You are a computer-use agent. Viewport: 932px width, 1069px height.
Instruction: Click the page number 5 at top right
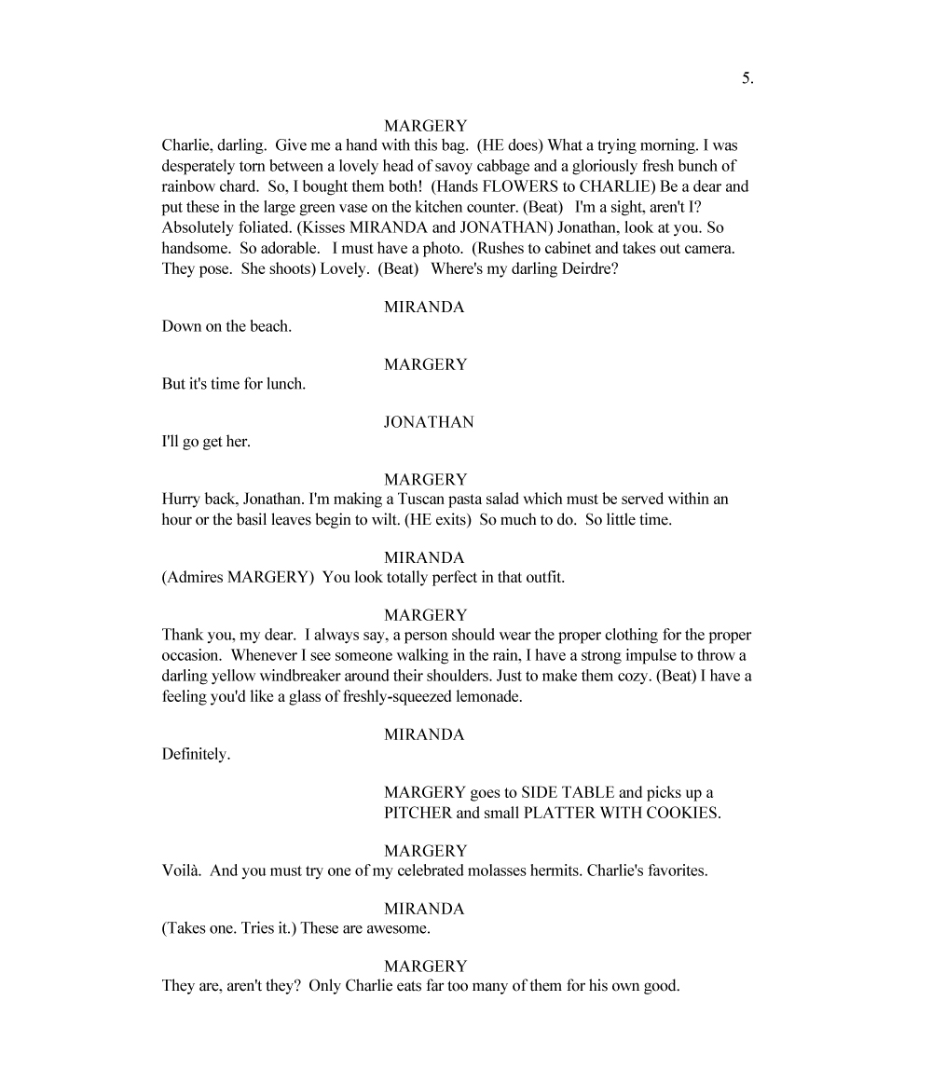747,79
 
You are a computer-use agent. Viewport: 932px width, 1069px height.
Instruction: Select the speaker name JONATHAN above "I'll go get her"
428,422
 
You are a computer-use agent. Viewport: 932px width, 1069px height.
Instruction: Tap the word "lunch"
285,384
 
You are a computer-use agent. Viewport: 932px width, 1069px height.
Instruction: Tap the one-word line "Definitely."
196,755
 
